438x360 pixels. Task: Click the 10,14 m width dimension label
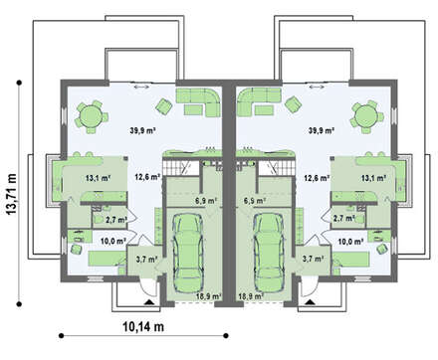[143, 327]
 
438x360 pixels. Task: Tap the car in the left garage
[187, 252]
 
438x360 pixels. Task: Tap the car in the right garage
[270, 252]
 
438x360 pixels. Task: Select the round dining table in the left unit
[89, 116]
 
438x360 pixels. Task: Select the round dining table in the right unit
[366, 116]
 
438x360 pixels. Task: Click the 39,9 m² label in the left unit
[143, 130]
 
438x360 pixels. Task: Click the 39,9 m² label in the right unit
[321, 130]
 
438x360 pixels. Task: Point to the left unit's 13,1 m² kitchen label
[98, 178]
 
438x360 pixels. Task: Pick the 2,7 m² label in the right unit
[342, 219]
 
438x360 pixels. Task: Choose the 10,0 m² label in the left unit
[113, 241]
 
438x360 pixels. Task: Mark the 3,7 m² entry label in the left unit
[146, 260]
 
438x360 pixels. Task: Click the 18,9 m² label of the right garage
[251, 296]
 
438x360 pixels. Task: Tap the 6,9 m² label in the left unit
[206, 201]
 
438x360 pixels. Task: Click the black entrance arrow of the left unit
[148, 301]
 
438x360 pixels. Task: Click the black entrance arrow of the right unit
[310, 301]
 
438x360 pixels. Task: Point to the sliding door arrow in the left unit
[141, 87]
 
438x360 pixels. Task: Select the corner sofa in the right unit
[260, 101]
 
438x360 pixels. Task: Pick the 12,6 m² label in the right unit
[317, 178]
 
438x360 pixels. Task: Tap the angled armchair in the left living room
[164, 105]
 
